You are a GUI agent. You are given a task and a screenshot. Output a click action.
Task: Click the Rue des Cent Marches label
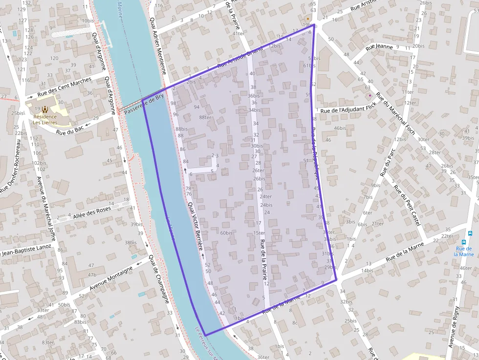[65, 87]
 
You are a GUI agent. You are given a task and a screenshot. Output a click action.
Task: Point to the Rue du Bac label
[67, 129]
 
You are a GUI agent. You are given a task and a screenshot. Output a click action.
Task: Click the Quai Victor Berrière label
[195, 227]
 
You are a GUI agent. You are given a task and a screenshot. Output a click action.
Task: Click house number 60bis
[226, 233]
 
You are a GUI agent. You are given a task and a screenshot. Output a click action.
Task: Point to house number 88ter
[205, 117]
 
